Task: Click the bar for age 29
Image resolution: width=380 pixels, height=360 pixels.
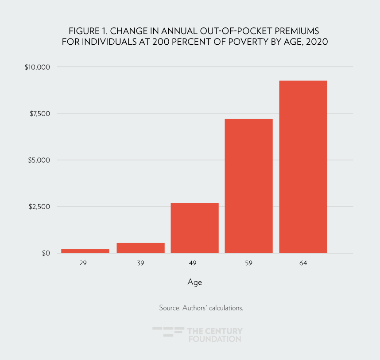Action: [85, 251]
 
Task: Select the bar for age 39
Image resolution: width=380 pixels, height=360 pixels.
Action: [140, 248]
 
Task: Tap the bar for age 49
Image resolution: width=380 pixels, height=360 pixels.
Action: [194, 228]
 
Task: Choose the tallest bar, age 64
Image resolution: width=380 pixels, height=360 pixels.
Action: [303, 167]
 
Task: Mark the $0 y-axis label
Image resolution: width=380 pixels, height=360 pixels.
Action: [46, 253]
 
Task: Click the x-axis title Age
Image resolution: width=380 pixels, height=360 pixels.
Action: [194, 282]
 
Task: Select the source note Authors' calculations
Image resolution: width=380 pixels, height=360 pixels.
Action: [201, 308]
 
